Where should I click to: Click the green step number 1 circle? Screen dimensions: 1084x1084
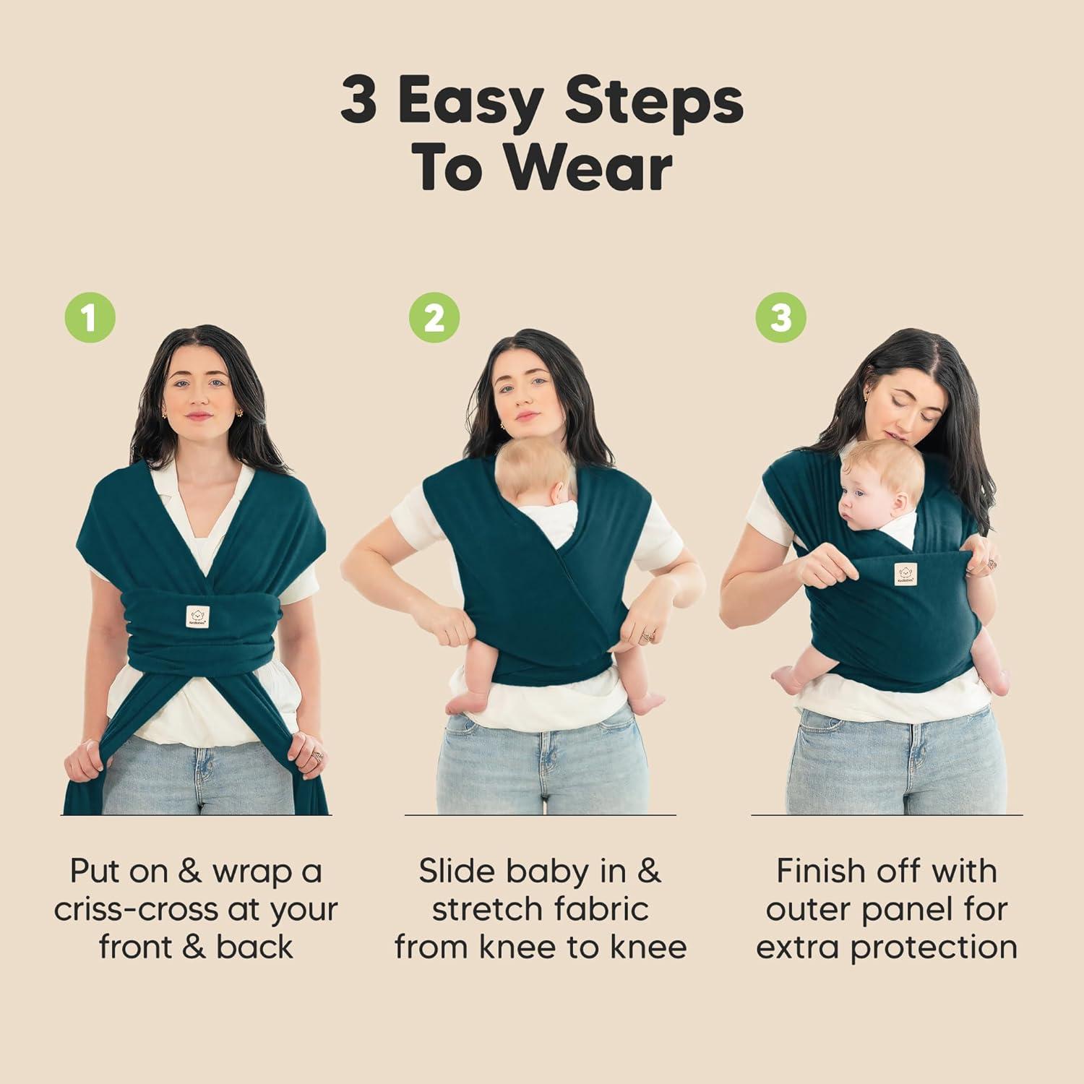pyautogui.click(x=90, y=318)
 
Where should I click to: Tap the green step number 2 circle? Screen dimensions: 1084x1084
pyautogui.click(x=434, y=318)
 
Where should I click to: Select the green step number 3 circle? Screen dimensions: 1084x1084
pyautogui.click(x=781, y=318)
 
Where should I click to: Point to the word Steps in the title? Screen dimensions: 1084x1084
pyautogui.click(x=654, y=103)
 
